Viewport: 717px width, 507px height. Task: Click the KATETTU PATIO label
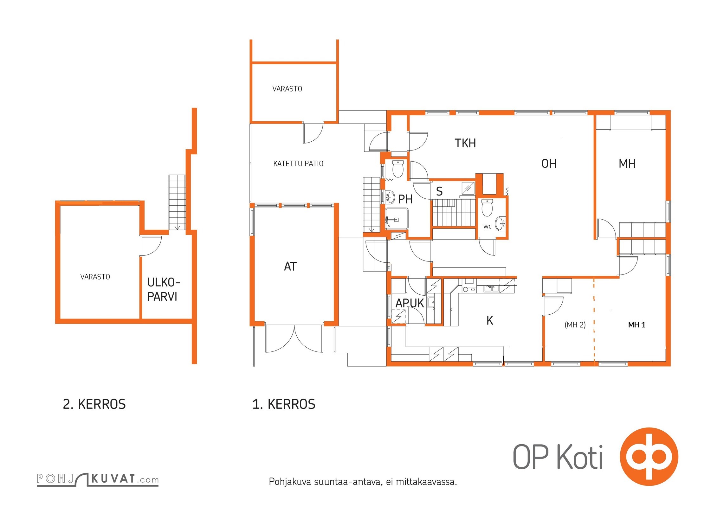point(298,164)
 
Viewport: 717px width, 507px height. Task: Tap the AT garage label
point(290,266)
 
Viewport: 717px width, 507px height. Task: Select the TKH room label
point(465,143)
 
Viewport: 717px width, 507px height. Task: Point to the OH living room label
point(549,164)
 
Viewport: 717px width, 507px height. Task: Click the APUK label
point(410,303)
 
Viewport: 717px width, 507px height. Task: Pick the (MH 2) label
point(575,325)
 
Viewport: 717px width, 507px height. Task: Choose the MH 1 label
point(637,325)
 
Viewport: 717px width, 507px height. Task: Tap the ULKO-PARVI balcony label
point(164,289)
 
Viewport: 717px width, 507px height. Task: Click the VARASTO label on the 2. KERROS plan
point(95,277)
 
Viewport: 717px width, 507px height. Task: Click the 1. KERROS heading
point(284,404)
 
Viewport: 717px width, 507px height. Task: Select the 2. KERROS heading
point(94,404)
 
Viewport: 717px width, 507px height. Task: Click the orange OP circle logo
point(649,457)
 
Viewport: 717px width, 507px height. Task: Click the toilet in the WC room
point(487,208)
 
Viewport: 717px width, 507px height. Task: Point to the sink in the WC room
point(501,223)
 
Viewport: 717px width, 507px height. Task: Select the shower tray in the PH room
point(397,219)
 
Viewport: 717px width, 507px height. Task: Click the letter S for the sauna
point(439,191)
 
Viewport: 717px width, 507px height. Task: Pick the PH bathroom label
point(405,199)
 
